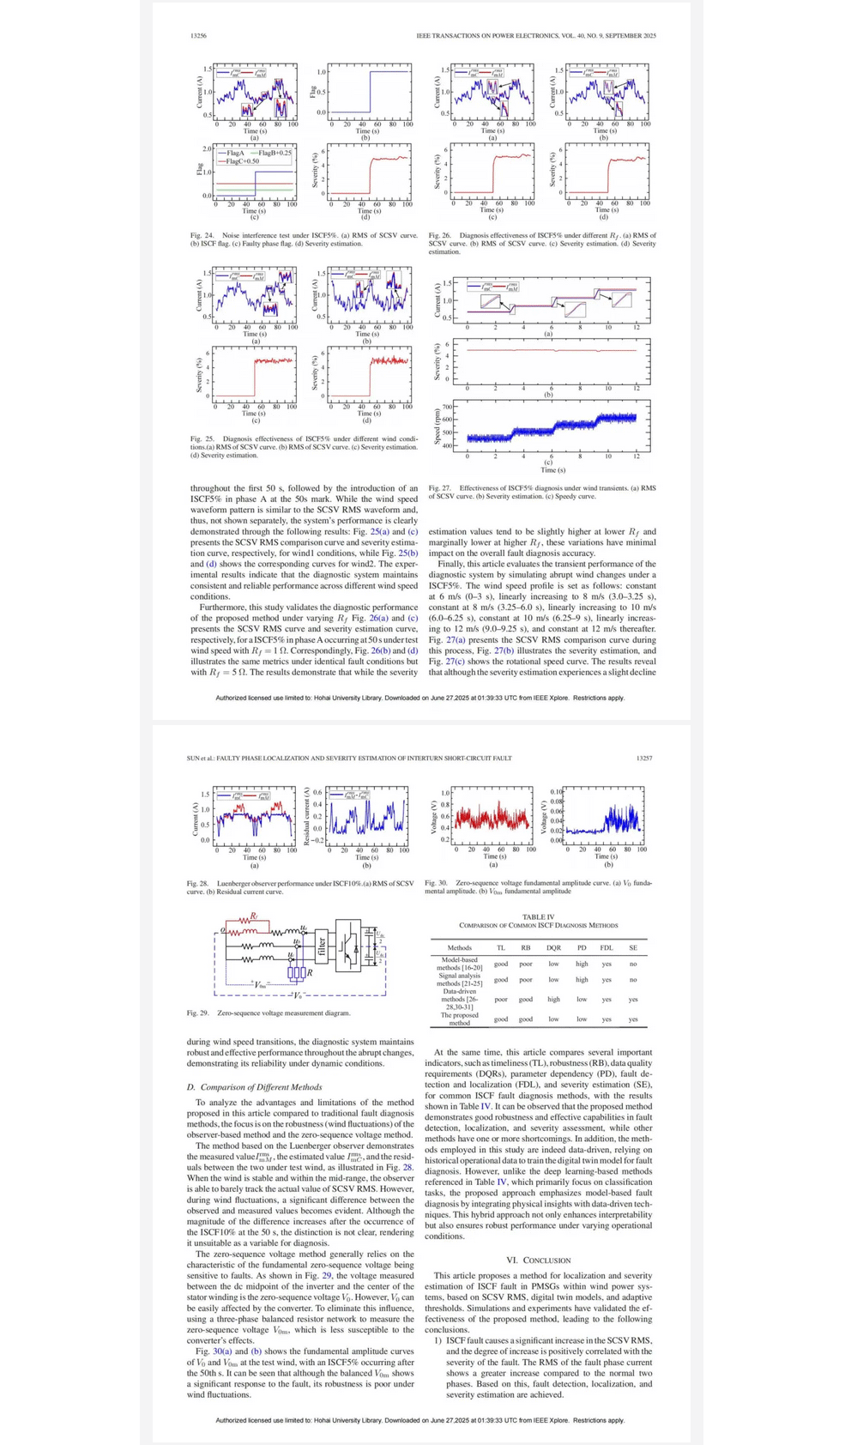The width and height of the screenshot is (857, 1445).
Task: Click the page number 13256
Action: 198,36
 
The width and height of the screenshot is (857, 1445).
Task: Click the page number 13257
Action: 644,759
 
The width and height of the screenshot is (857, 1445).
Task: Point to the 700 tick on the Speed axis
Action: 447,407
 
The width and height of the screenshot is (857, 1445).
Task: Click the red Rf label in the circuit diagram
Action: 253,916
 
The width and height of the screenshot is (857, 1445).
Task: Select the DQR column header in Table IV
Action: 553,948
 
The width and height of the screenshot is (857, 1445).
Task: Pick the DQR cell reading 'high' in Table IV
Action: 553,999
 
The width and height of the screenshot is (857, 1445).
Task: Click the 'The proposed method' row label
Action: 460,1019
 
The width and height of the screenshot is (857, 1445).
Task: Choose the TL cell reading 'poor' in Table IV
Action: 501,999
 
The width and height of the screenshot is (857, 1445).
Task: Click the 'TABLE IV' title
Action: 539,917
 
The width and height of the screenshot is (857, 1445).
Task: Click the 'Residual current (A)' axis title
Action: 307,816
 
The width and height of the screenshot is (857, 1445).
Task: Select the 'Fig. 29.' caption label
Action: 197,1013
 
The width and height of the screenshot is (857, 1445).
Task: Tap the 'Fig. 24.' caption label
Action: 202,235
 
